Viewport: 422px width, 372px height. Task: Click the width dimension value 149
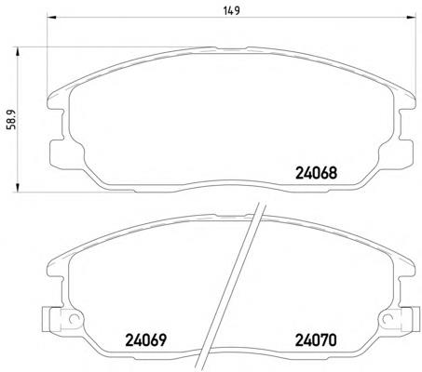point(232,11)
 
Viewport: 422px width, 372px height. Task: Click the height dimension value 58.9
point(11,120)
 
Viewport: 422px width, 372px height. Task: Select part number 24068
point(316,173)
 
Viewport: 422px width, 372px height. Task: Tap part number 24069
point(145,340)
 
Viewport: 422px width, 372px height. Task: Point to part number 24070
point(316,340)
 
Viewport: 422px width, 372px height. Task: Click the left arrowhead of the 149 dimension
point(51,17)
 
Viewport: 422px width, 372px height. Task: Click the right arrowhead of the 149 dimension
point(411,17)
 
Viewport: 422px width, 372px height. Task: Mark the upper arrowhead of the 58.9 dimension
point(18,52)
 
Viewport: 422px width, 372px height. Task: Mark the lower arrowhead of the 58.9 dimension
point(18,188)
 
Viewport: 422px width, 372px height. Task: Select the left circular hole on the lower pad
point(74,318)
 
